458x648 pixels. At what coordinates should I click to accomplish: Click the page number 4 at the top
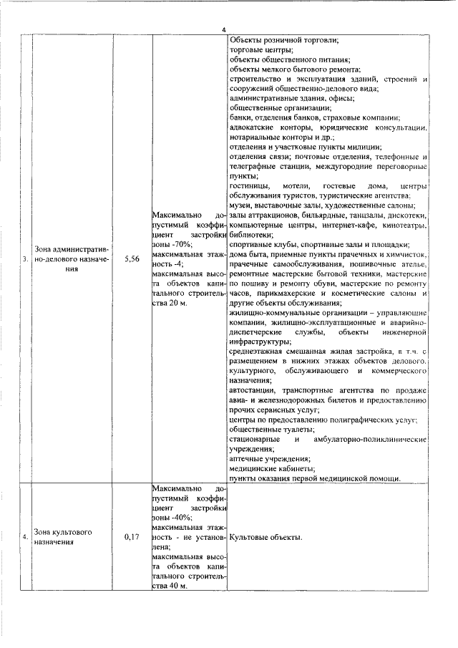click(224, 29)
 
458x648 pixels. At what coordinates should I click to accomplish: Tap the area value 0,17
click(131, 536)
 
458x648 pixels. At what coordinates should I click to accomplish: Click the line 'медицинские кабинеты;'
click(270, 468)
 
